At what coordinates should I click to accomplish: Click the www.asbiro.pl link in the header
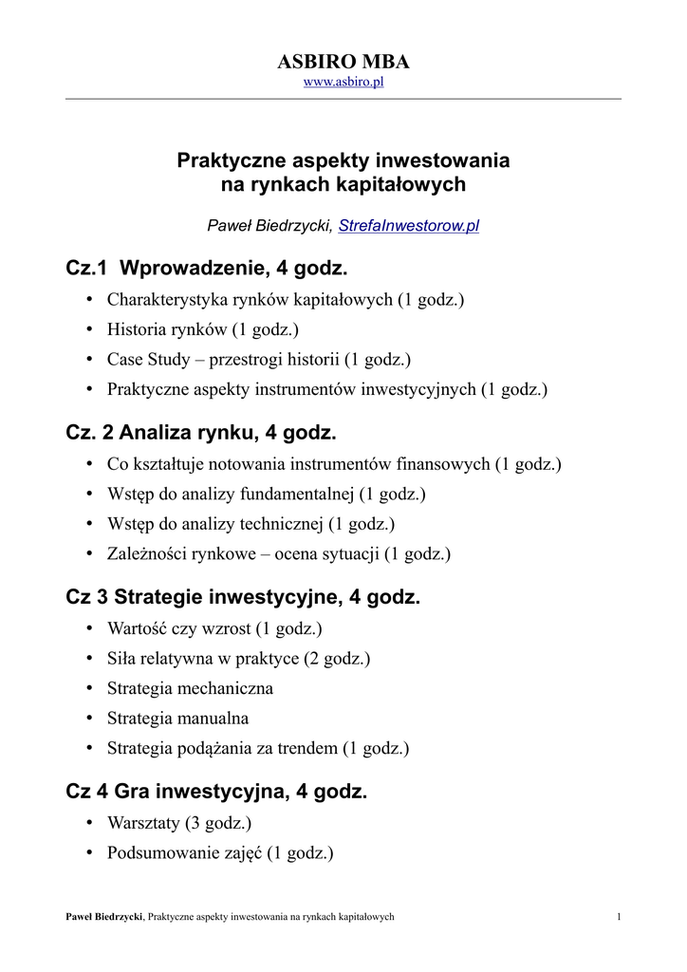[x=343, y=83]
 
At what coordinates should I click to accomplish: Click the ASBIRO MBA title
[x=343, y=63]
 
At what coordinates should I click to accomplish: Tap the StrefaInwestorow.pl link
[x=408, y=226]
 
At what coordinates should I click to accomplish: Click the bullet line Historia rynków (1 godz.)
[x=202, y=329]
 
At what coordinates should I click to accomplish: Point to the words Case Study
[x=142, y=360]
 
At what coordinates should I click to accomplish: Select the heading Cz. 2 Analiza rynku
[x=201, y=434]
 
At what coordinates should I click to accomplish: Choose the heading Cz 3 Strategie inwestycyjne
[x=242, y=598]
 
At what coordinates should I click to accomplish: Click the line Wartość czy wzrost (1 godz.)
[x=214, y=628]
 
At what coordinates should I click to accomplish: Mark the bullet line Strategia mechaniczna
[x=190, y=688]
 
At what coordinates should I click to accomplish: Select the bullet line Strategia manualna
[x=177, y=719]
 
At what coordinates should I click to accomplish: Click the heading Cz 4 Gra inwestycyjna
[x=215, y=792]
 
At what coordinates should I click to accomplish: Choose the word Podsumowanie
[x=157, y=852]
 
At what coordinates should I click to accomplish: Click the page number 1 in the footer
[x=618, y=916]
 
